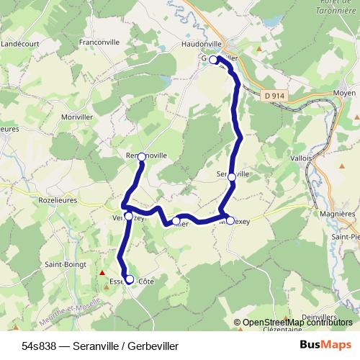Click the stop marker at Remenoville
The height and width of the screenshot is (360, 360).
coord(142,156)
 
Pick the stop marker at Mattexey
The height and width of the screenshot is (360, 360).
coord(230,220)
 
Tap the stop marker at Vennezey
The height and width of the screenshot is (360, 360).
coord(128,216)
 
